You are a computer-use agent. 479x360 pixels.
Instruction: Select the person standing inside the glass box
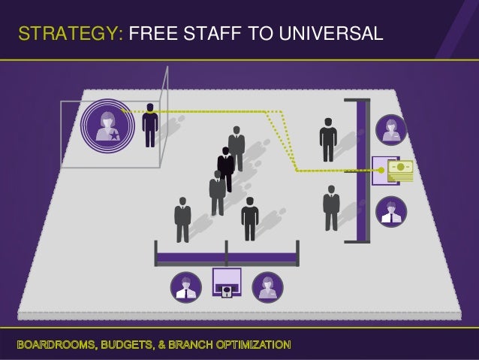point(151,124)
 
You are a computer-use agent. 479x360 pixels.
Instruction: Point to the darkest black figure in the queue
point(225,167)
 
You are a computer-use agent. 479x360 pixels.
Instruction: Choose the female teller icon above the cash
point(390,129)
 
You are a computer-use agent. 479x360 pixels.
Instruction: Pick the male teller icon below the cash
point(390,210)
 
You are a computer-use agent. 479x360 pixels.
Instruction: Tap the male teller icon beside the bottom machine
point(185,286)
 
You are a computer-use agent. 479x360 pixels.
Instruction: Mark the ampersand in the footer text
point(167,345)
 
